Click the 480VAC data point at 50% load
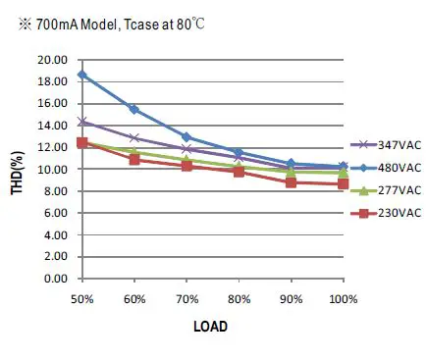(82, 75)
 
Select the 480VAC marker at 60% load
(134, 109)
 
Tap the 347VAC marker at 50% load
(82, 122)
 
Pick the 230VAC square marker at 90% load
(291, 182)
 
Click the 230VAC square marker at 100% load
(343, 183)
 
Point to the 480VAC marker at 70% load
(186, 137)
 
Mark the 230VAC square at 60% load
(134, 158)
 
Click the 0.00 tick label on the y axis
(55, 279)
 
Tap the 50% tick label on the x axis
(82, 297)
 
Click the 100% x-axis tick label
(343, 297)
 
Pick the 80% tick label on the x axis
(239, 297)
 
